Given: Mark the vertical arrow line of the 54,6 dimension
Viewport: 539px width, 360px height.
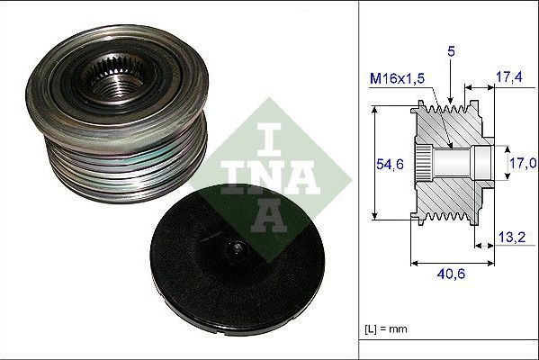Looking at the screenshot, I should pos(372,162).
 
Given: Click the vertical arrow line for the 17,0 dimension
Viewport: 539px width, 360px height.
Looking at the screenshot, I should pos(501,162).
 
